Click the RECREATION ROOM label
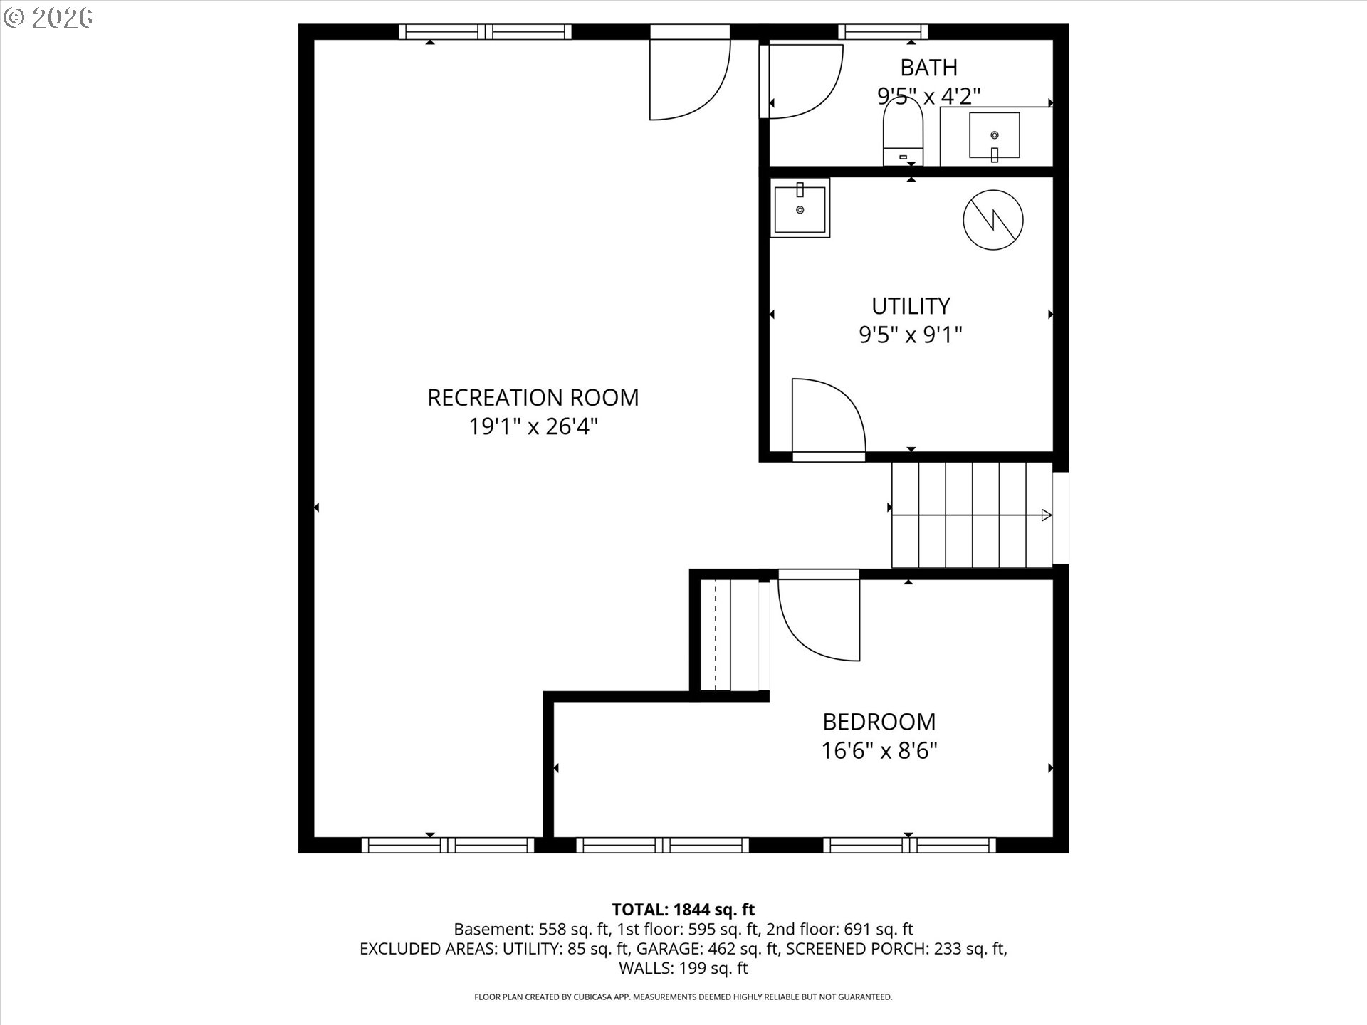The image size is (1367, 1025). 533,397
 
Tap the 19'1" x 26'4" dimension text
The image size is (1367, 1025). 533,426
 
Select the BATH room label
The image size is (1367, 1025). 928,68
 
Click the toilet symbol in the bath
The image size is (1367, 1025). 903,132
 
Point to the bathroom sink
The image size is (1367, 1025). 994,135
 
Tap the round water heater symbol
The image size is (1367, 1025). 992,220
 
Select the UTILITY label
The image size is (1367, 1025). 911,306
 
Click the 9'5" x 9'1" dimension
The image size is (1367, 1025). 911,335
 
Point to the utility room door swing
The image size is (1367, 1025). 826,416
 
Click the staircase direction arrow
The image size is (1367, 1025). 1045,515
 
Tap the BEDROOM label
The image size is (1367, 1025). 879,722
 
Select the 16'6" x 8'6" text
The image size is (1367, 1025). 879,751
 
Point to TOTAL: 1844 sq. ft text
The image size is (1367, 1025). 683,909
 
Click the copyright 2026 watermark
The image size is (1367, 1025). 48,18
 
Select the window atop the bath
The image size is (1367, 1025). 883,31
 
